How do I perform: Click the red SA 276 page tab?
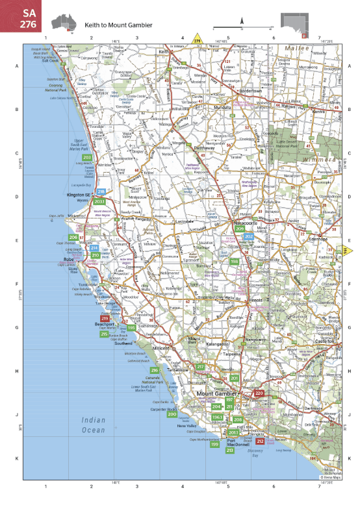tap(20, 16)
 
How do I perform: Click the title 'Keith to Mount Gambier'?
tap(118, 25)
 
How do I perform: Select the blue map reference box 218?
tap(101, 192)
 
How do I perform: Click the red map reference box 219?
tap(105, 318)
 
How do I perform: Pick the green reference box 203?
tap(86, 157)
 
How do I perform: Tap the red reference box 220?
tap(259, 393)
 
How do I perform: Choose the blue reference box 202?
tap(249, 236)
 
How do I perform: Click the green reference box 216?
tap(155, 370)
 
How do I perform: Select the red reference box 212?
tap(260, 441)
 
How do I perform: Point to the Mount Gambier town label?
tap(218, 393)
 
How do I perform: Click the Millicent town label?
tap(161, 348)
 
